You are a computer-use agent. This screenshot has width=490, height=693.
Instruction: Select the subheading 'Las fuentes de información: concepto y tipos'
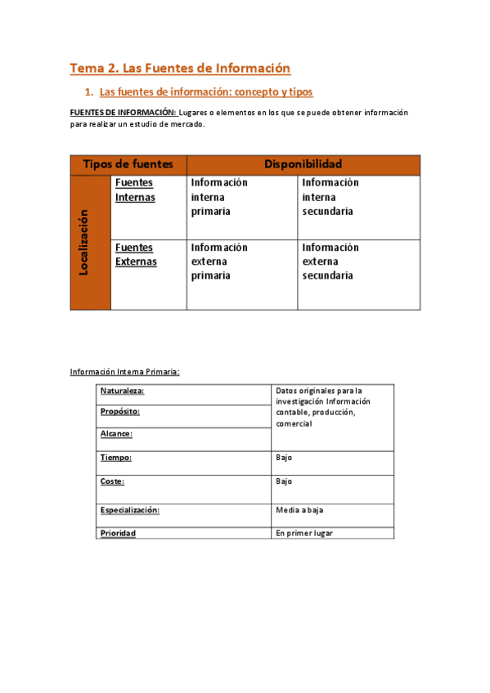(205, 92)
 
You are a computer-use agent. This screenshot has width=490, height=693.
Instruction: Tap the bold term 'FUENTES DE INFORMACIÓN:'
(123, 112)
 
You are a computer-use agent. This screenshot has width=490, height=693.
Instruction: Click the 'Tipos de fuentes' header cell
(128, 164)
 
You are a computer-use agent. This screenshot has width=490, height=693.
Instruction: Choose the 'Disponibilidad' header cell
(303, 164)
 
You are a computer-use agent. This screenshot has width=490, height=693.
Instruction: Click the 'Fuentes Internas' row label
(135, 190)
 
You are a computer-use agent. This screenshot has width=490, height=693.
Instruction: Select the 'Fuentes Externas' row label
(136, 255)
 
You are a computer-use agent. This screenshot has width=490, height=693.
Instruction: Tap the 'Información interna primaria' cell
(219, 197)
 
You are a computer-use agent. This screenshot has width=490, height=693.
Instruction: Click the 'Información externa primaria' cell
(219, 262)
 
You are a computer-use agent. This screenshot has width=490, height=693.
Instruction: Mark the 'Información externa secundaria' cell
(330, 262)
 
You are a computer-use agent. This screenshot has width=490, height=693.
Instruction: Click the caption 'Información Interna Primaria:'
(124, 373)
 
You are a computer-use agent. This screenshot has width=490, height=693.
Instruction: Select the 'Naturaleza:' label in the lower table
(122, 391)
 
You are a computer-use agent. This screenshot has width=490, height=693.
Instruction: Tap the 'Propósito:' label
(120, 412)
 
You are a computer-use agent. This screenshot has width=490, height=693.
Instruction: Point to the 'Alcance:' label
(116, 435)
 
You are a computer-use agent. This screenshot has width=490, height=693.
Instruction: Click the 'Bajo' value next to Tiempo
(284, 458)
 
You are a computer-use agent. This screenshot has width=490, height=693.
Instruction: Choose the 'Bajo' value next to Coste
(284, 481)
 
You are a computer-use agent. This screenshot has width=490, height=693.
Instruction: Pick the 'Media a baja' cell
(299, 510)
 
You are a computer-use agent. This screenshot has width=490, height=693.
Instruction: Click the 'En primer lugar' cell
(304, 533)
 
